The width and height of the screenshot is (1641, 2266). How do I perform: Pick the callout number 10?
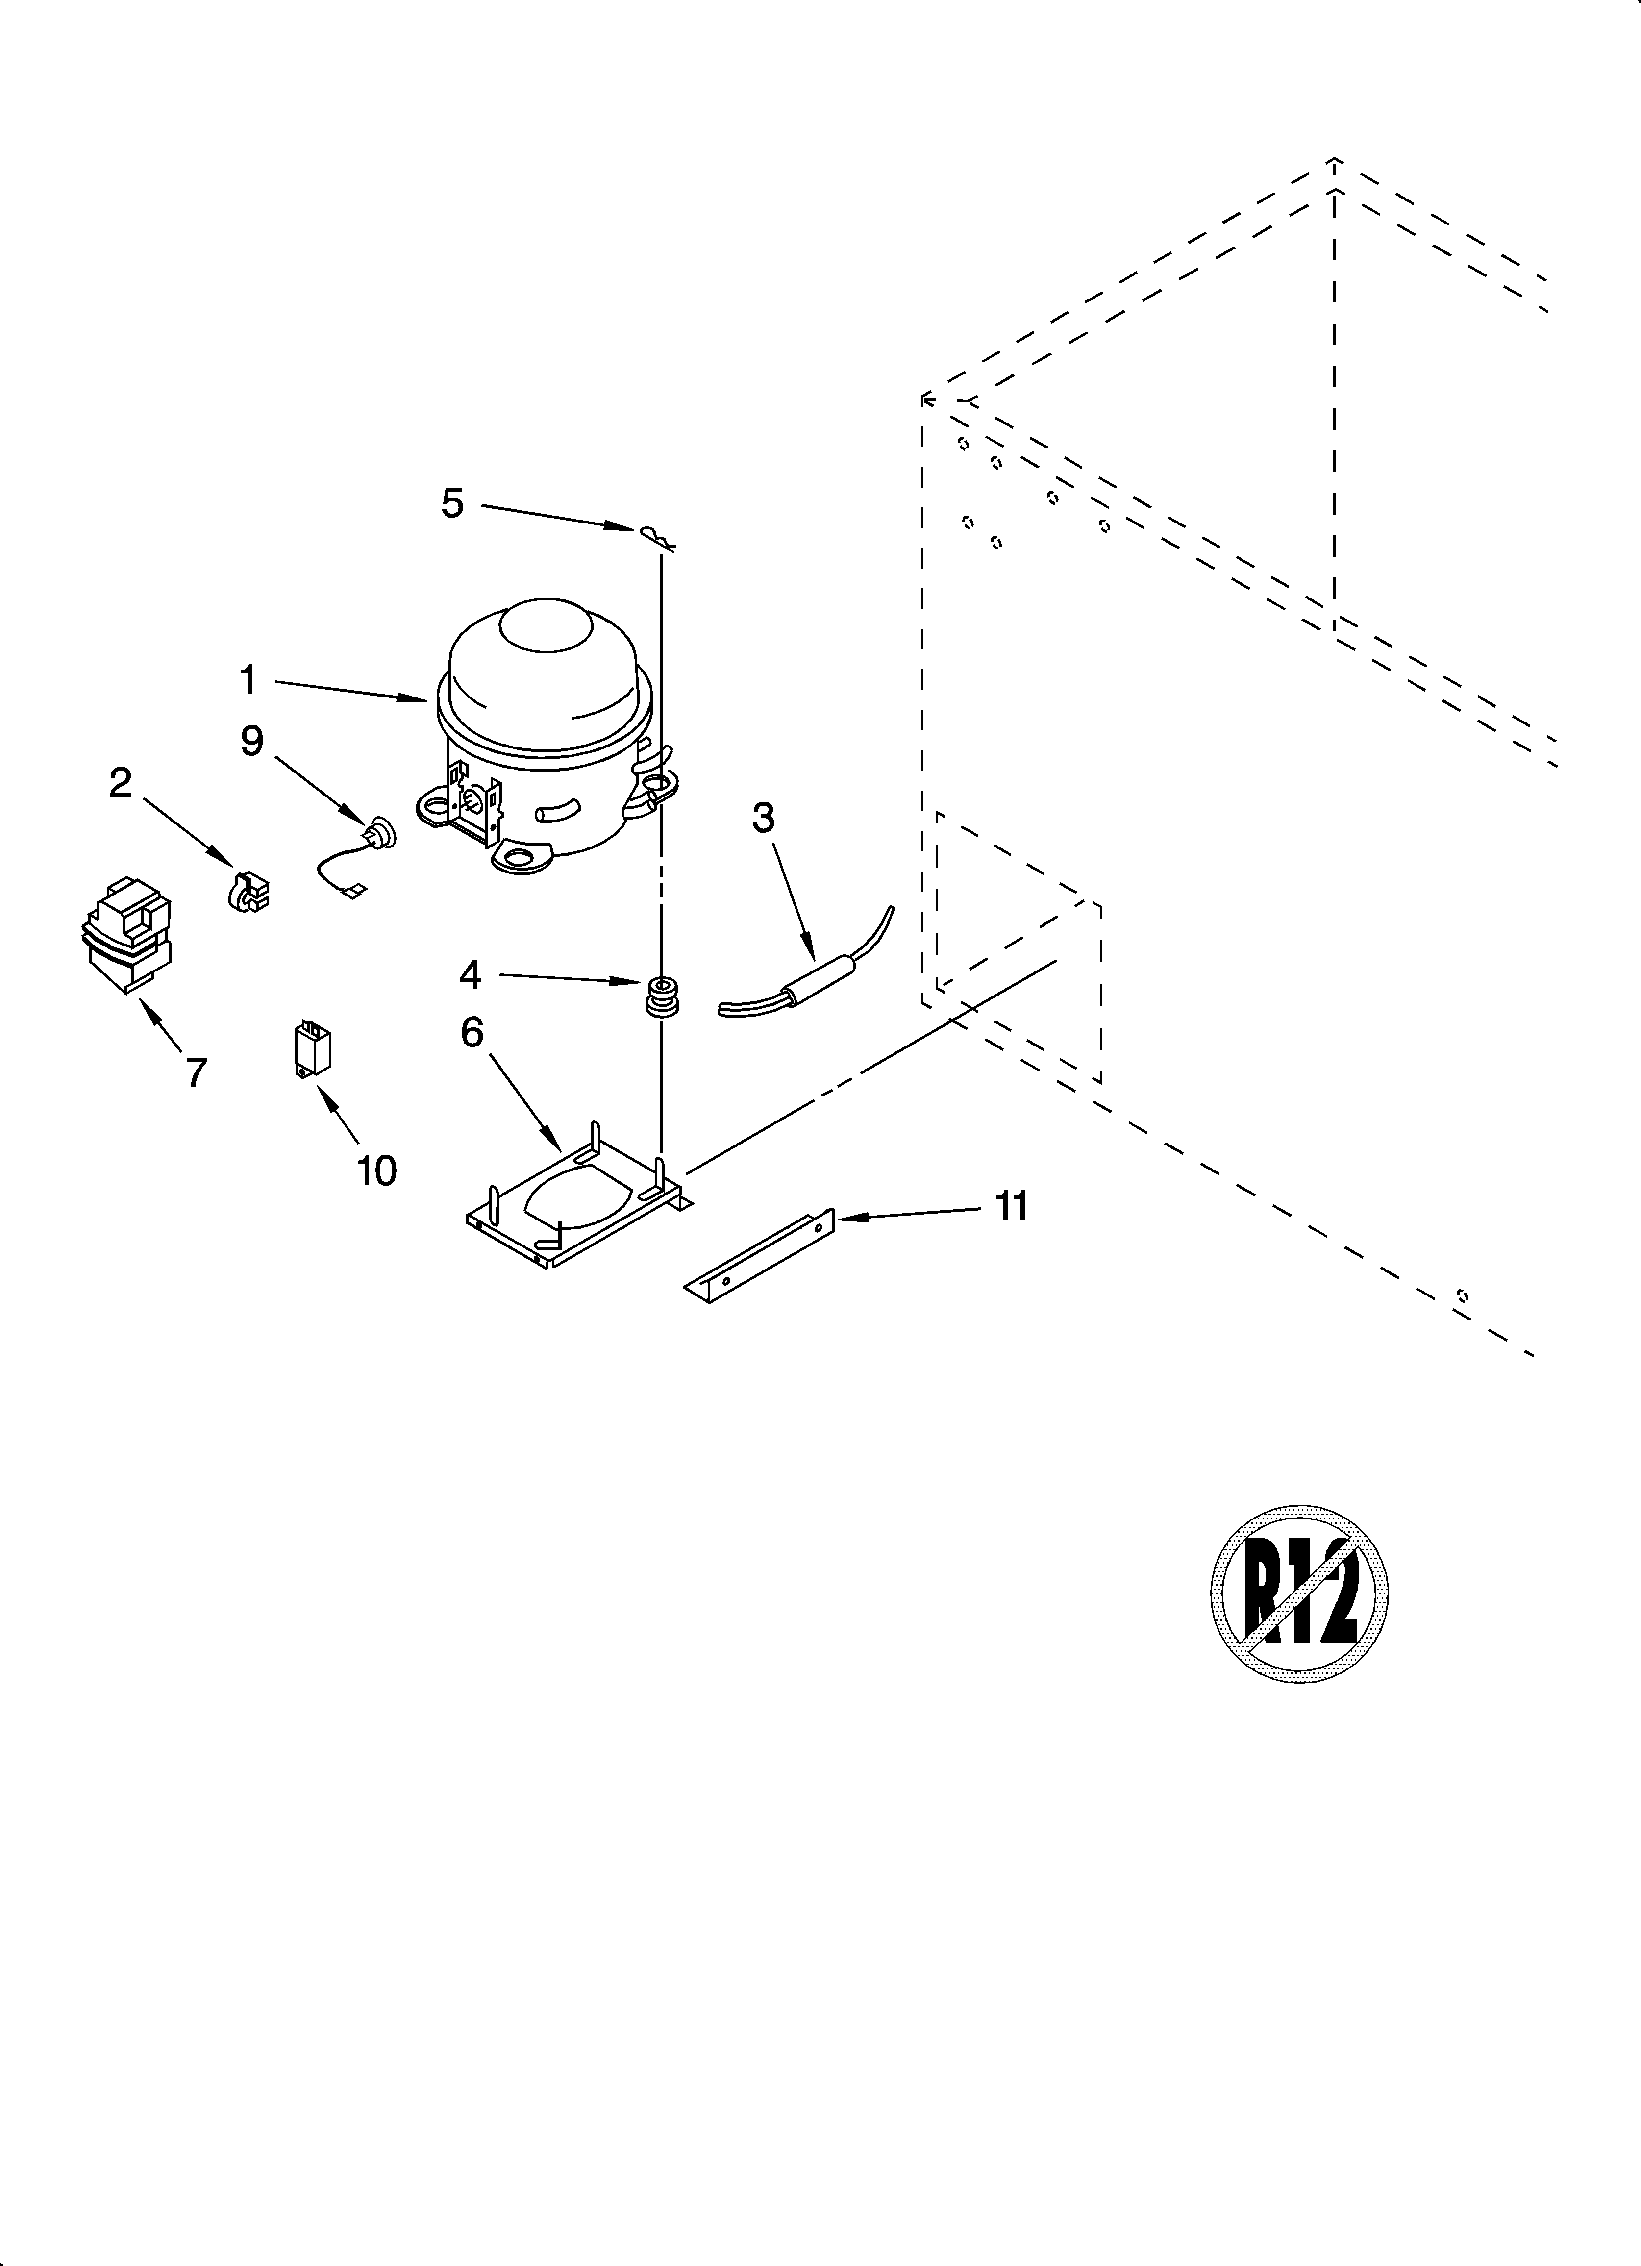coord(377,1170)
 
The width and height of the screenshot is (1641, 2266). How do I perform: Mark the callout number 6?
coord(472,1032)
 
